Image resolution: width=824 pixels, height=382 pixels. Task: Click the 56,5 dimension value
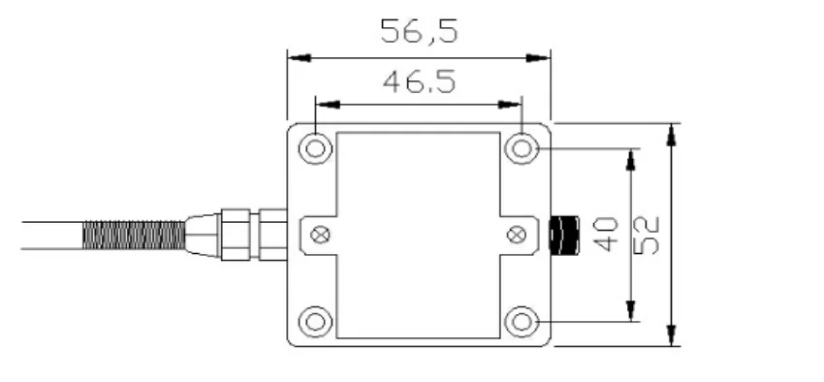point(419,32)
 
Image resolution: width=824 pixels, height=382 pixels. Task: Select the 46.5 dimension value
point(419,82)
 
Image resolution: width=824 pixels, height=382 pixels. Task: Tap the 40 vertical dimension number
point(605,235)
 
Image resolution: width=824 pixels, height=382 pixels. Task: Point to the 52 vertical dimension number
point(646,236)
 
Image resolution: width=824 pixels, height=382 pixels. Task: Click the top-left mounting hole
point(315,148)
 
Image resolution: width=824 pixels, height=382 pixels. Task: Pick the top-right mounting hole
point(522,148)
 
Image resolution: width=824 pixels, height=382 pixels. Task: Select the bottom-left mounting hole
point(315,322)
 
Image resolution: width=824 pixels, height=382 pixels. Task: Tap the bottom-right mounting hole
point(522,322)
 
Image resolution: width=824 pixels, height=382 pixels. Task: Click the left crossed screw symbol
point(321,235)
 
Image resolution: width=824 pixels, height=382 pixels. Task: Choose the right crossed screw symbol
point(517,235)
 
